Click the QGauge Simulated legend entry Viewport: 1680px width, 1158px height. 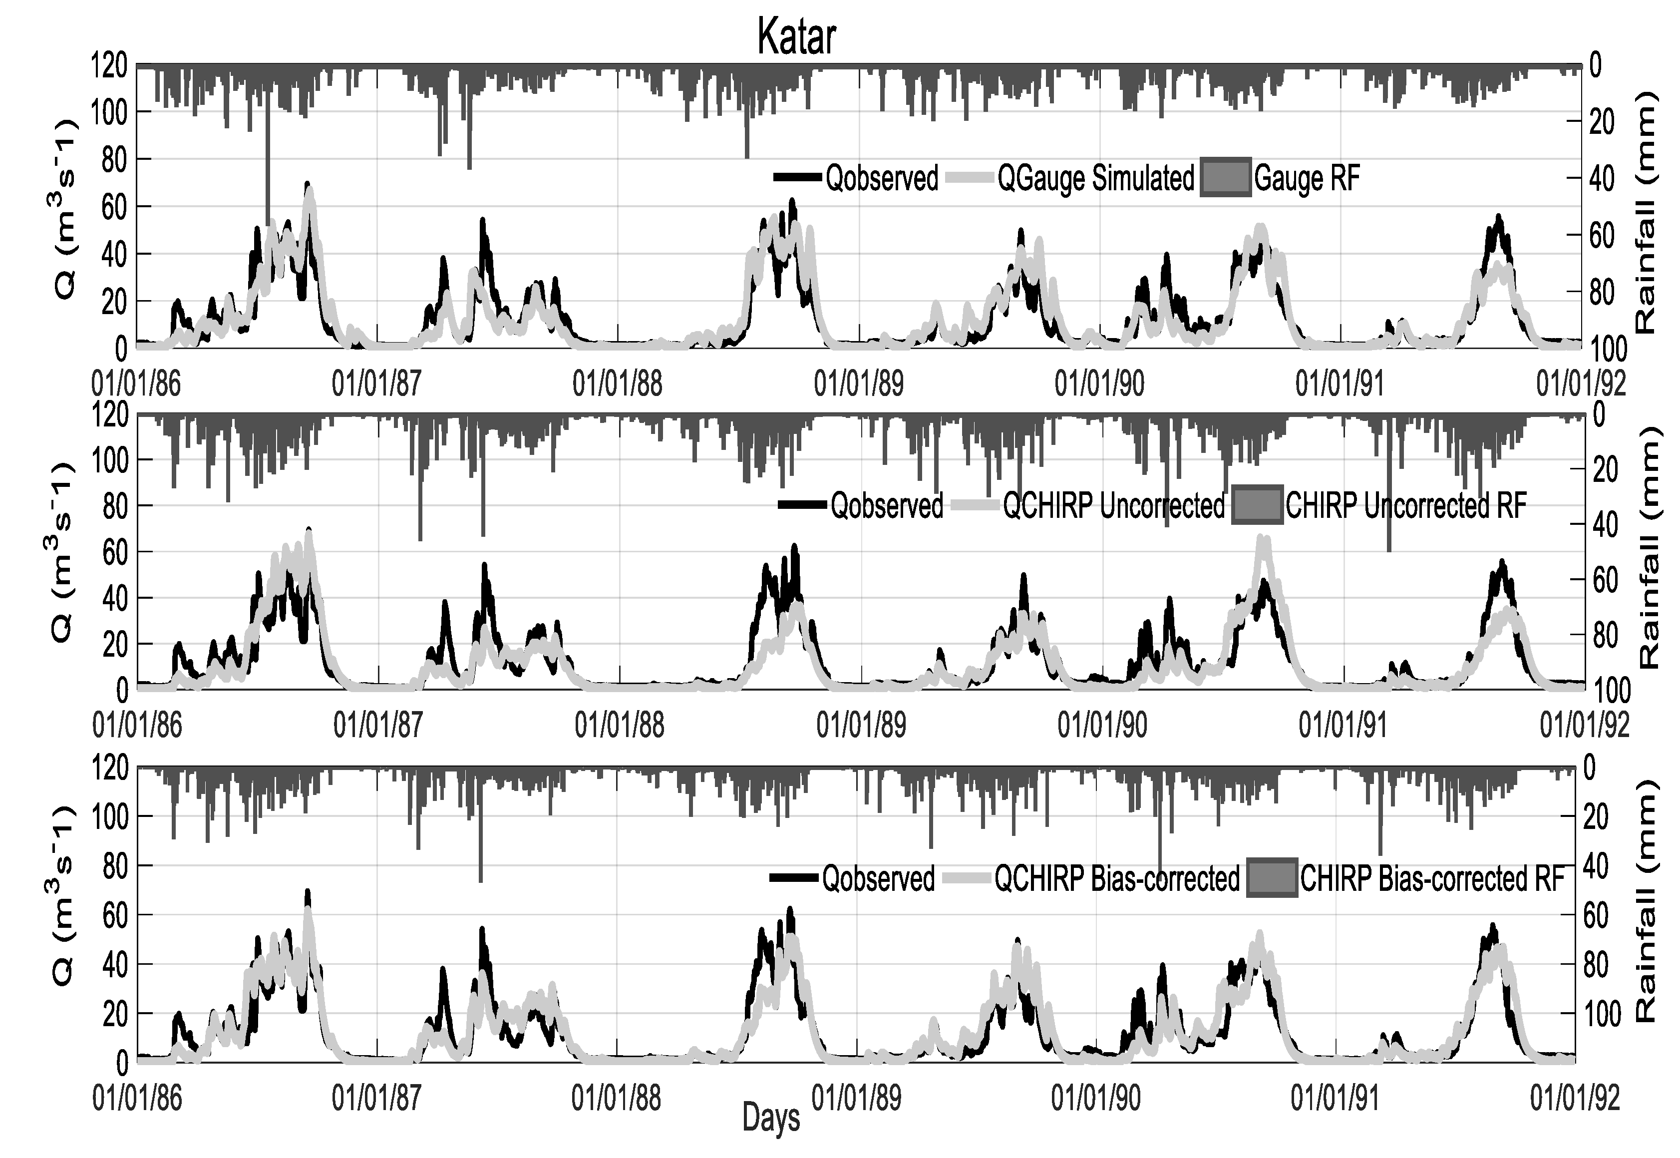click(x=1095, y=178)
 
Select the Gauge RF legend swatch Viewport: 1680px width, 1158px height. click(x=1226, y=178)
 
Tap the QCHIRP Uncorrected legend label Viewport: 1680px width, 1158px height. click(x=1113, y=506)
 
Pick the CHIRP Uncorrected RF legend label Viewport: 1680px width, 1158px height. click(x=1406, y=506)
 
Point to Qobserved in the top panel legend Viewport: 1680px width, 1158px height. click(x=881, y=178)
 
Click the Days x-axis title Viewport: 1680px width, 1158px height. click(x=771, y=1118)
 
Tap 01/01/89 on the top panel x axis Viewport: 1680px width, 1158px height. click(x=859, y=383)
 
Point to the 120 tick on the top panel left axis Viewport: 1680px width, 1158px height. click(x=109, y=66)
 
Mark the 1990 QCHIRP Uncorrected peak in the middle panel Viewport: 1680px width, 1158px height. click(x=1263, y=538)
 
